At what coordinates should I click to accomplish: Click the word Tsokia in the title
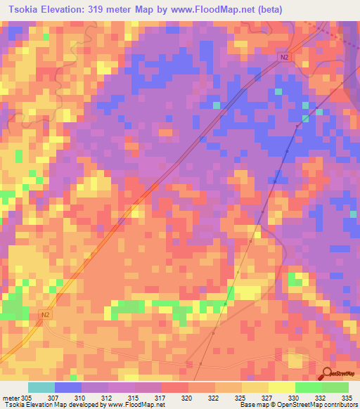(21, 10)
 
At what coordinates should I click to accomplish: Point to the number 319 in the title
(108, 10)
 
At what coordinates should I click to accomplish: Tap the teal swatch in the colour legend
(41, 387)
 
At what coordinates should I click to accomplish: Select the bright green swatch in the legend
(308, 387)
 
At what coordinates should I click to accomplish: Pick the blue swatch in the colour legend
(68, 387)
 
